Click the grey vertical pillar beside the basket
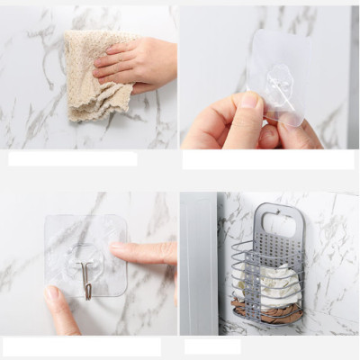pos(198,261)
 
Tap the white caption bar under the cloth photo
pos(73,158)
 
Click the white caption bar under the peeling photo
pos(267,159)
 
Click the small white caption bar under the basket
pos(212,346)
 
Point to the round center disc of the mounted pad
pos(86,255)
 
